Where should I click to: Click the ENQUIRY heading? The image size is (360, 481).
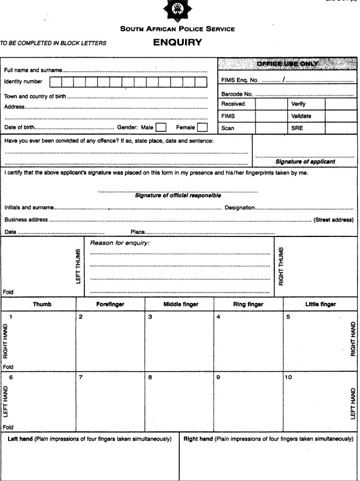tap(177, 42)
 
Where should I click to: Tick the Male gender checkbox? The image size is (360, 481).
tap(161, 127)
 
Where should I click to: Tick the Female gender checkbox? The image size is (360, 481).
tap(202, 127)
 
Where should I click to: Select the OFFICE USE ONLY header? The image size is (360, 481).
tap(287, 63)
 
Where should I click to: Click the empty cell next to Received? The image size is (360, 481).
tap(271, 104)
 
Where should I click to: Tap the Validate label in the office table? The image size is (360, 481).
tap(301, 116)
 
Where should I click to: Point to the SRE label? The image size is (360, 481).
tap(296, 128)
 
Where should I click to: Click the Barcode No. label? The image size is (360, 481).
tap(237, 94)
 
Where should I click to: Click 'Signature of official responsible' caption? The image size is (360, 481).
tap(178, 195)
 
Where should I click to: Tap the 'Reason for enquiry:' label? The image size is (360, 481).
tap(120, 243)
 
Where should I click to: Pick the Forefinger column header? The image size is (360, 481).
tap(110, 304)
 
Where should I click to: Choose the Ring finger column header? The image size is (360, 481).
tap(248, 304)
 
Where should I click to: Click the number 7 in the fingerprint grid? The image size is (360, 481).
tap(81, 377)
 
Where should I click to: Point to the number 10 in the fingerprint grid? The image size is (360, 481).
tap(289, 377)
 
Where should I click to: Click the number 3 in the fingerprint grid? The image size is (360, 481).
tap(150, 317)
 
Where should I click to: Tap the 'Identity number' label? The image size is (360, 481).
tap(23, 82)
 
